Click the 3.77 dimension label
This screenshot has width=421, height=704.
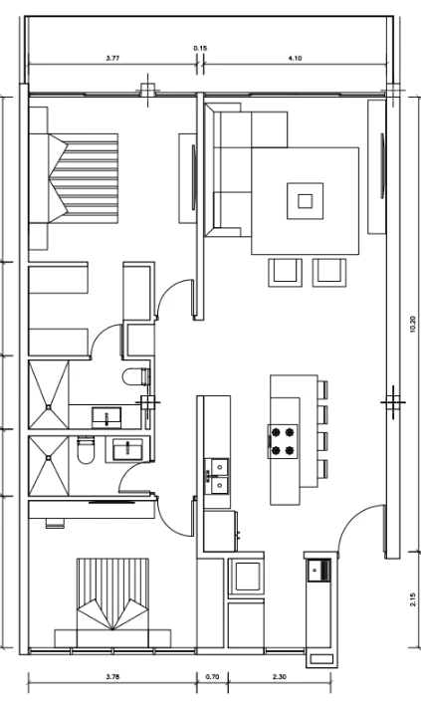[112, 58]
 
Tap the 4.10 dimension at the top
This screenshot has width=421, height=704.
[295, 58]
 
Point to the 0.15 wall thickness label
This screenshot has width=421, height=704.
[200, 48]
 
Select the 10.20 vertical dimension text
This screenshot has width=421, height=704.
[413, 325]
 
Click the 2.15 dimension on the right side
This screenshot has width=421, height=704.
[413, 599]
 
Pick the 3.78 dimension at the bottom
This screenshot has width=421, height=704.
[112, 676]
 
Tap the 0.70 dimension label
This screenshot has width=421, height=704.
[212, 676]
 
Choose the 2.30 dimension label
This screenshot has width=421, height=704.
[279, 676]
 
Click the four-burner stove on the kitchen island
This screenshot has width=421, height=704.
[283, 441]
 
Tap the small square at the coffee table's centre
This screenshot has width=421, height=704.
[306, 201]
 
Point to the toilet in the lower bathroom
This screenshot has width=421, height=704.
[86, 450]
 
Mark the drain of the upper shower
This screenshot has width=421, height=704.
[48, 407]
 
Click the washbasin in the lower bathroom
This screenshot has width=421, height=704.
[128, 450]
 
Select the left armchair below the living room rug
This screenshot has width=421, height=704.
[285, 273]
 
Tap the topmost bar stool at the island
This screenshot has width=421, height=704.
[322, 389]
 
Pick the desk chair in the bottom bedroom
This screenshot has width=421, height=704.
[55, 524]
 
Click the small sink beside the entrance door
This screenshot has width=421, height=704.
[319, 571]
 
